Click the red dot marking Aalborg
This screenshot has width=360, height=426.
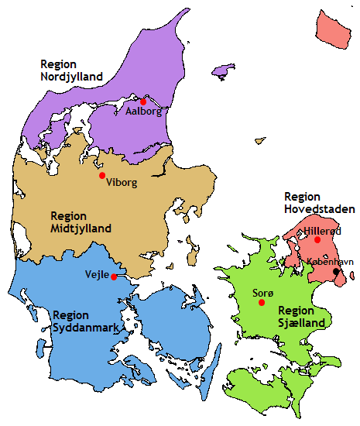(x=143, y=101)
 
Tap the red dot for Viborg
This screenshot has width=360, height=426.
(x=102, y=175)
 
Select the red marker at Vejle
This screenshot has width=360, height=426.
(x=114, y=277)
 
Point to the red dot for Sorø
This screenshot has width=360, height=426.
(x=262, y=302)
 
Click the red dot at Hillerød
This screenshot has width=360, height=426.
(x=317, y=240)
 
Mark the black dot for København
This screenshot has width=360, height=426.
(x=336, y=272)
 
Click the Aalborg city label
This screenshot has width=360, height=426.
(x=143, y=112)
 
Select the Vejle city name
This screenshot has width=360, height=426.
(x=96, y=274)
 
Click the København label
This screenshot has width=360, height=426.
(x=330, y=262)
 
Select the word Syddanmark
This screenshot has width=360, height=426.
(x=85, y=328)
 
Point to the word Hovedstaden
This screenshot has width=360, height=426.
(x=320, y=209)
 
